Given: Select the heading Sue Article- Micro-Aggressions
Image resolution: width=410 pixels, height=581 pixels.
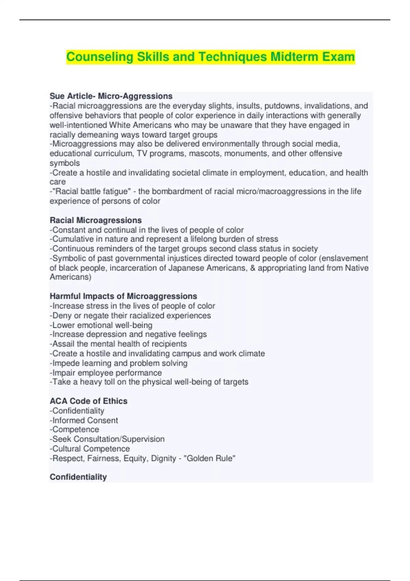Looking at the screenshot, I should click(x=111, y=96).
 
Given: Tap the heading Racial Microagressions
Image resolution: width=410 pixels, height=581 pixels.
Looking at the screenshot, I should click(x=96, y=220).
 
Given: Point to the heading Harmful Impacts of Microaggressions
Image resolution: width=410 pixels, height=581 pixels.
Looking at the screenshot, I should click(x=123, y=296).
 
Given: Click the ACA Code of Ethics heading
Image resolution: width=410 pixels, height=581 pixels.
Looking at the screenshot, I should click(x=88, y=401).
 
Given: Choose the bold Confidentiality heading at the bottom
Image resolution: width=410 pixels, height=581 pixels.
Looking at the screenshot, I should click(x=78, y=477).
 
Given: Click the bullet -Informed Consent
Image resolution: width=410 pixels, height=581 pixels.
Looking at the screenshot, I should click(x=84, y=420).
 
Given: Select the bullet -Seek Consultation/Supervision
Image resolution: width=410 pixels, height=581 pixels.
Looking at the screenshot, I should click(x=107, y=439).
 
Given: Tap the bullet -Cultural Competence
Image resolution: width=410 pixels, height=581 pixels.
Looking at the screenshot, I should click(x=90, y=448).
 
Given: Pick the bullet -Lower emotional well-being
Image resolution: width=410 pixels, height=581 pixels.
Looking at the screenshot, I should click(x=101, y=325).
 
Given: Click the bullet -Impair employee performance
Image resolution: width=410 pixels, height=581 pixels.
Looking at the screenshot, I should click(x=106, y=373).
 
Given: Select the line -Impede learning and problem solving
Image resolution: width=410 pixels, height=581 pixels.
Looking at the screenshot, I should click(x=119, y=363).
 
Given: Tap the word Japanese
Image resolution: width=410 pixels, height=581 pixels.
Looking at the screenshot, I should click(x=184, y=268).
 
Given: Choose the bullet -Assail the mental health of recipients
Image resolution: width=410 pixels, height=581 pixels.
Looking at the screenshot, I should click(x=118, y=344).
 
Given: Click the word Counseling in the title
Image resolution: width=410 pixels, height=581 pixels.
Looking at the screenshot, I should click(x=99, y=57).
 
